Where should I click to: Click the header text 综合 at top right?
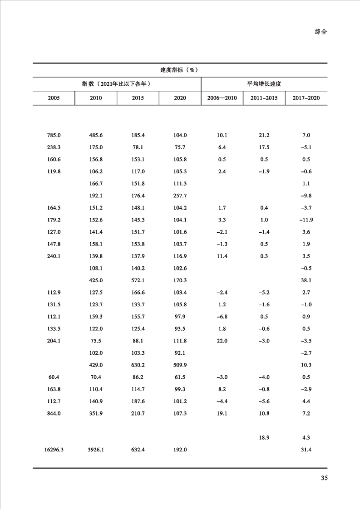pos(321,32)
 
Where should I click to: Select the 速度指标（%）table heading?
pos(180,70)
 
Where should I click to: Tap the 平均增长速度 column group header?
pos(264,84)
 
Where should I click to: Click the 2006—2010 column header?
pos(222,98)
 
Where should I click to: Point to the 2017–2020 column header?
pos(306,98)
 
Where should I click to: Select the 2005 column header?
pos(54,98)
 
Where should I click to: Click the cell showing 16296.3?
pos(54,450)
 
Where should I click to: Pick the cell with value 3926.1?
pos(96,450)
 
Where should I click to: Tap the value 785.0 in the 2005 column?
pos(54,135)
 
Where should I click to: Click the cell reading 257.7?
pos(180,196)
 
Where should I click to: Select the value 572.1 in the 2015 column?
pos(138,280)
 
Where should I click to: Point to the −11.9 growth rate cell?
pos(306,220)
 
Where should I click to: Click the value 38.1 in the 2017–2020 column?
pos(306,280)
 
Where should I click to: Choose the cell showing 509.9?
pos(180,365)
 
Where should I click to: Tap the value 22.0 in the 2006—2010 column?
pos(222,341)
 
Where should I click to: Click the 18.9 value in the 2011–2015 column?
pos(264,438)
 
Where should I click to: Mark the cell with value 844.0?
pos(54,413)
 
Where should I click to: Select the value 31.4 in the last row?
pos(306,450)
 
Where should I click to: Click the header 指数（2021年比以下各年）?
pos(116,84)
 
